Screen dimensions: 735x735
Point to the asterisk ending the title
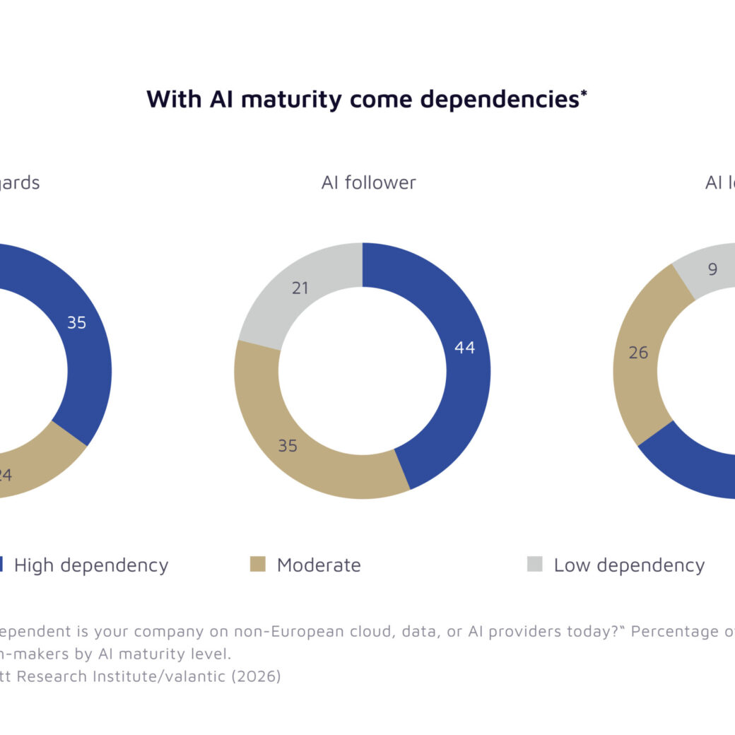coord(584,93)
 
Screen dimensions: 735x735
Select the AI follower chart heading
coord(368,182)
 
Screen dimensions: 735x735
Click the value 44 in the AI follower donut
coord(464,347)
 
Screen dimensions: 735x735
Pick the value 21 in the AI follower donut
coord(300,288)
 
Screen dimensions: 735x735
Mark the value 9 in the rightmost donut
coord(712,269)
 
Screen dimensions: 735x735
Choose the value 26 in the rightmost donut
coord(638,352)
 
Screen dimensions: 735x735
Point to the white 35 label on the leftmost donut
coord(76,323)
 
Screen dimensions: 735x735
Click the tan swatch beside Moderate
coord(258,564)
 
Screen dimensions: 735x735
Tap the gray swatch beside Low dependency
coord(535,564)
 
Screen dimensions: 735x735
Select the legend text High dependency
coord(91,565)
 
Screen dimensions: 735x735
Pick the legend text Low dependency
coord(629,565)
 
